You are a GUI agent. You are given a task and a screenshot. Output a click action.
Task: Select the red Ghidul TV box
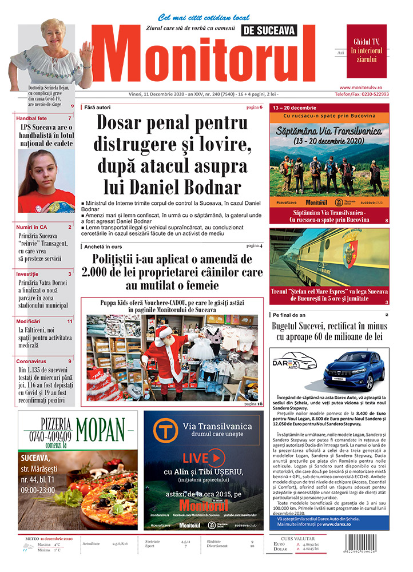pyautogui.click(x=366, y=51)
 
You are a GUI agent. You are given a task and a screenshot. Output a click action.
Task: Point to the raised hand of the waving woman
pyautogui.click(x=87, y=53)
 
